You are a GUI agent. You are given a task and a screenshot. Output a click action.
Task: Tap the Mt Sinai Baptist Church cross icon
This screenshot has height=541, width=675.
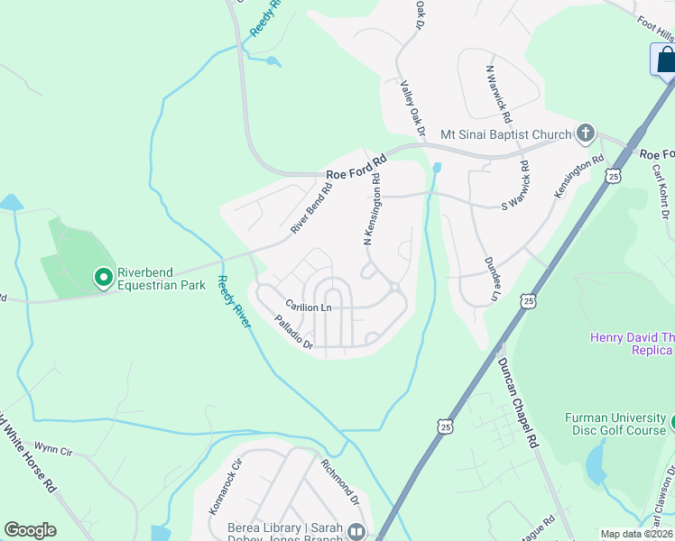click(x=585, y=134)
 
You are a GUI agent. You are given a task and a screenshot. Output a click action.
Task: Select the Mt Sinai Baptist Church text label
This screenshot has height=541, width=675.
click(x=505, y=135)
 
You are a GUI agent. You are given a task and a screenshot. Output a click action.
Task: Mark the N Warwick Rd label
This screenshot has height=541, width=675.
click(x=499, y=94)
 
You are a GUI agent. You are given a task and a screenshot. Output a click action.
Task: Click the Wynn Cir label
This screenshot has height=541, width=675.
click(x=51, y=446)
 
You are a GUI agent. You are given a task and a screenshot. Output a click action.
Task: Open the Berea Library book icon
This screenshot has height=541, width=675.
click(x=356, y=533)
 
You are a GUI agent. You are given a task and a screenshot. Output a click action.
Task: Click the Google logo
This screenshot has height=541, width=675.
click(x=30, y=530)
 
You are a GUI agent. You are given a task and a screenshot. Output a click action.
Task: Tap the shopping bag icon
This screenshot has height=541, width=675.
click(x=665, y=60)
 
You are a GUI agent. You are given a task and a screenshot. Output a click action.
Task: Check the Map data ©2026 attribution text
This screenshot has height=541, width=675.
click(x=636, y=534)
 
